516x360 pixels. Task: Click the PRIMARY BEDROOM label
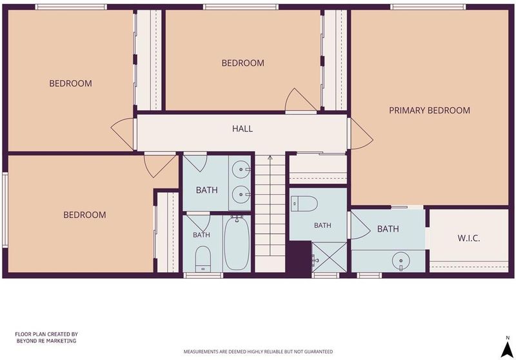pyautogui.click(x=430, y=110)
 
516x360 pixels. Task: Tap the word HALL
pyautogui.click(x=243, y=128)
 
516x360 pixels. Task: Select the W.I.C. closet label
pyautogui.click(x=469, y=238)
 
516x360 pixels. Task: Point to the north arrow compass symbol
pyautogui.click(x=508, y=348)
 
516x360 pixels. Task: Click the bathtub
pyautogui.click(x=237, y=243)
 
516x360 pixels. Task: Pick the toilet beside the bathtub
pyautogui.click(x=203, y=259)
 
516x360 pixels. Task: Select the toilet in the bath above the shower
pyautogui.click(x=304, y=203)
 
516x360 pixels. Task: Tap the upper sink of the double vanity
pyautogui.click(x=241, y=170)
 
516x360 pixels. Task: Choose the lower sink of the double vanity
pyautogui.click(x=241, y=194)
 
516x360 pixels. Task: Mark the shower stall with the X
pyautogui.click(x=329, y=257)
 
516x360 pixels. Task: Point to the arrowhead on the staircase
pyautogui.click(x=270, y=157)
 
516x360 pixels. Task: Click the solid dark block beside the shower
pyautogui.click(x=299, y=257)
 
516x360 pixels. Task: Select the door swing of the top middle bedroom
pyautogui.click(x=300, y=99)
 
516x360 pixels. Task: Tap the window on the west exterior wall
pyautogui.click(x=5, y=210)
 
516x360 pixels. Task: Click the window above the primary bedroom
pyautogui.click(x=428, y=7)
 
